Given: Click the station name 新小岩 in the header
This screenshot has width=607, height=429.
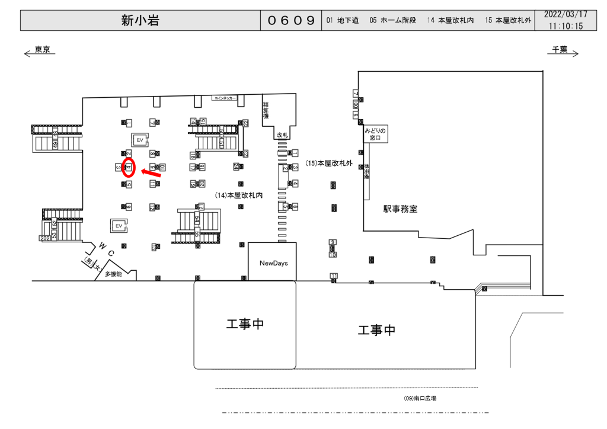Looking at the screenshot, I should point(140,21).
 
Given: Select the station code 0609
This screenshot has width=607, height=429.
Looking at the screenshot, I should point(290,21).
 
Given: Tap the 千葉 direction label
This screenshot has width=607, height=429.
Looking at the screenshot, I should point(560,50).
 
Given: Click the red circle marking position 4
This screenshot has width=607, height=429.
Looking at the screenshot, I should point(129,168).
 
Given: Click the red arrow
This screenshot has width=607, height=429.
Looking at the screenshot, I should point(151,174).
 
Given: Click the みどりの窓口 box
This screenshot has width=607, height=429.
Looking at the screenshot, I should point(376,135).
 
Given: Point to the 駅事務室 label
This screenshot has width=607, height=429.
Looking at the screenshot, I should point(400,209).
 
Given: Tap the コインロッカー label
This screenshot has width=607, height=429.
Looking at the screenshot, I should point(225,98).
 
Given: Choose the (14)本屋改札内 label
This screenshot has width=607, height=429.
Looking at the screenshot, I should point(239,194).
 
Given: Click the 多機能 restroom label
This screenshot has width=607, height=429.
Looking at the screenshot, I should point(113,274).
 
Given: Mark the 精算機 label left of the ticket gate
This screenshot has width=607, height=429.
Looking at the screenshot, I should point(266,111).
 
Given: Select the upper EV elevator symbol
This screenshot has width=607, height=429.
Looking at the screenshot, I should point(140,139).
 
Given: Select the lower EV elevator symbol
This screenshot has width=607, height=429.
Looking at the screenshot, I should point(119,226).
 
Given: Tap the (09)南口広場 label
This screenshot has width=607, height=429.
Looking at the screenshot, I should point(420,399).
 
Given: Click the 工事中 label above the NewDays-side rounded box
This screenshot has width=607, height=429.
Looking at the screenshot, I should point(244,324).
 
